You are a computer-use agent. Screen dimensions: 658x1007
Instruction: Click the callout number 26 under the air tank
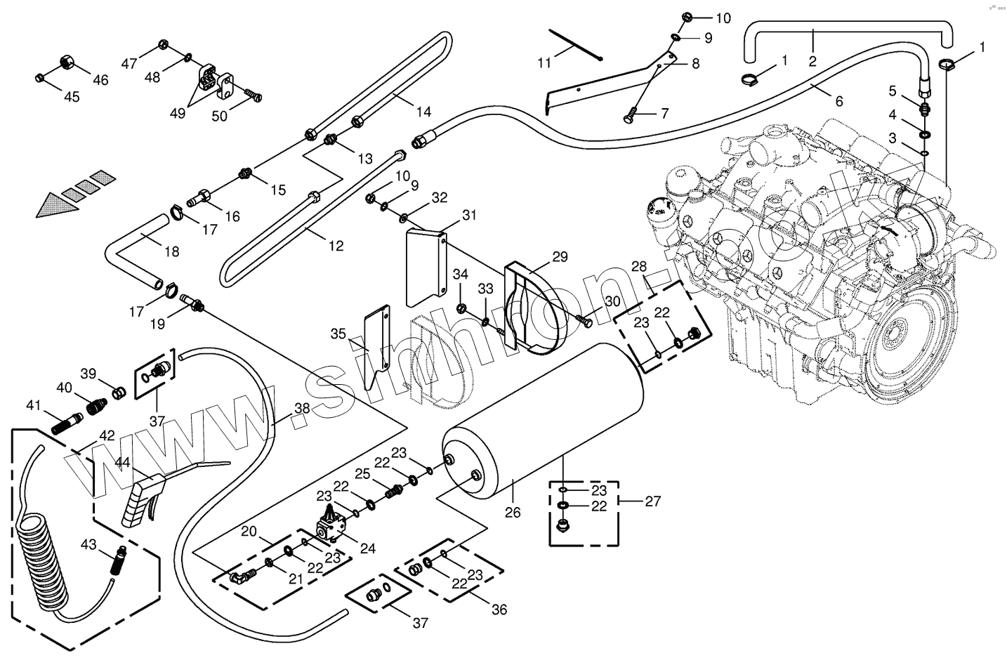(x=513, y=513)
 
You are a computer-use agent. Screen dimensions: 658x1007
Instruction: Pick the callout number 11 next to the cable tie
(x=545, y=63)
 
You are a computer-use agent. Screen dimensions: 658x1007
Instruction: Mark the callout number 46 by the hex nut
(x=100, y=80)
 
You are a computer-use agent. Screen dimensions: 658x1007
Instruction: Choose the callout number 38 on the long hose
(x=302, y=407)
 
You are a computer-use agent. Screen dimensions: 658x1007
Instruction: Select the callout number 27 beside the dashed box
(x=653, y=501)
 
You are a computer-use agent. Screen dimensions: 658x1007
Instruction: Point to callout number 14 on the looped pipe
(x=423, y=111)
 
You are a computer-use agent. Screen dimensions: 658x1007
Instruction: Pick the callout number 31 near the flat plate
(x=469, y=214)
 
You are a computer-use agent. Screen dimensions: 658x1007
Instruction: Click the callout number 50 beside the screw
(x=220, y=116)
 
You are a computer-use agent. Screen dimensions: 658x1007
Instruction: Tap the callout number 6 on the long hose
(x=838, y=101)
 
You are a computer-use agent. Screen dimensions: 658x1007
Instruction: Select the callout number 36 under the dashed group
(x=499, y=610)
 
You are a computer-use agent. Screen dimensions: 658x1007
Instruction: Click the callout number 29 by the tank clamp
(x=560, y=257)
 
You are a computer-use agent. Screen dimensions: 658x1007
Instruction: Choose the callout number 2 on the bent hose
(x=812, y=61)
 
